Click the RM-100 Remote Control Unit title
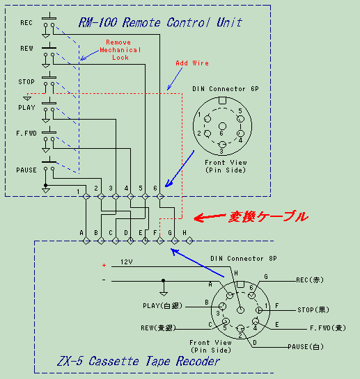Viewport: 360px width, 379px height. pyautogui.click(x=160, y=22)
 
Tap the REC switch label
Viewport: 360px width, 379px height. pyautogui.click(x=26, y=23)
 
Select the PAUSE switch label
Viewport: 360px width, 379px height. pyautogui.click(x=26, y=170)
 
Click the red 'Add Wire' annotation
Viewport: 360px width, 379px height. pyautogui.click(x=192, y=63)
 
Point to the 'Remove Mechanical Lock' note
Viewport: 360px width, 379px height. pyautogui.click(x=120, y=50)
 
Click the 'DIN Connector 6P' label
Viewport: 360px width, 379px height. pyautogui.click(x=226, y=89)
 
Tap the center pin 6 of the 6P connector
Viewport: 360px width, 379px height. pyautogui.click(x=222, y=126)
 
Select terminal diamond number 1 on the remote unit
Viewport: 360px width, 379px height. pyautogui.click(x=86, y=196)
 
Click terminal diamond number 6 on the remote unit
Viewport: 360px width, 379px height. pyautogui.click(x=159, y=196)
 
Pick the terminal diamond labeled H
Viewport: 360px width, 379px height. pyautogui.click(x=189, y=241)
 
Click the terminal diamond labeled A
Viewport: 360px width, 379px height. pyautogui.click(x=86, y=241)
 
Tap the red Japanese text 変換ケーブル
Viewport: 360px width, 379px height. pyautogui.click(x=268, y=216)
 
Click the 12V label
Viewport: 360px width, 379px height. pyautogui.click(x=126, y=262)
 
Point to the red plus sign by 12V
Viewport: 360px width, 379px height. pyautogui.click(x=104, y=266)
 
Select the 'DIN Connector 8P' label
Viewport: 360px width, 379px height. pyautogui.click(x=244, y=259)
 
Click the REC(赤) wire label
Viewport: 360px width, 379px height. pyautogui.click(x=310, y=280)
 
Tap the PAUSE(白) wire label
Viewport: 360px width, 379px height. pyautogui.click(x=306, y=347)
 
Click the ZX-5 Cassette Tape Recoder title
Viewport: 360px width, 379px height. pyautogui.click(x=139, y=362)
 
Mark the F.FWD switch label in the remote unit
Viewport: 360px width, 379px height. pyautogui.click(x=26, y=134)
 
